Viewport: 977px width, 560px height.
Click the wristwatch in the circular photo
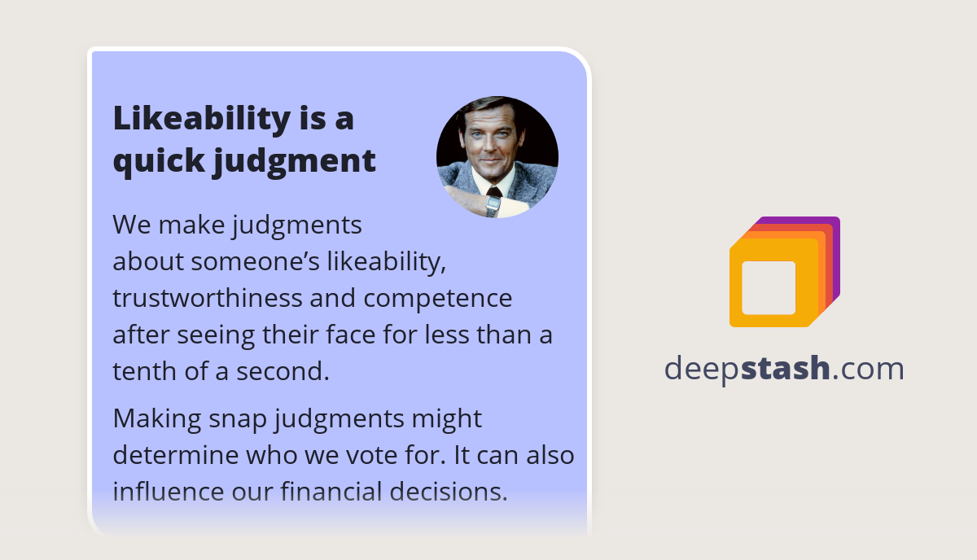(493, 203)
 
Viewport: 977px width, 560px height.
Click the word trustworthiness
(207, 298)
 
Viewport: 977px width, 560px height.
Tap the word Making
(155, 418)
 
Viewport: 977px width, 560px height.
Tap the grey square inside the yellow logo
(769, 287)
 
